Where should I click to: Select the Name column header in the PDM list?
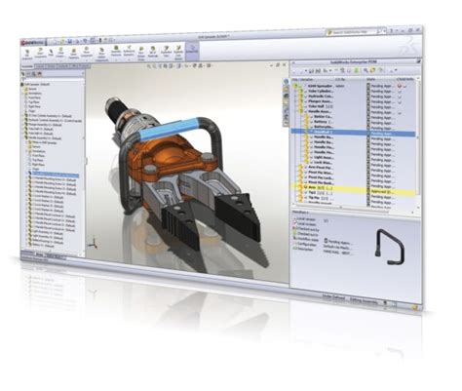[322, 75]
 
